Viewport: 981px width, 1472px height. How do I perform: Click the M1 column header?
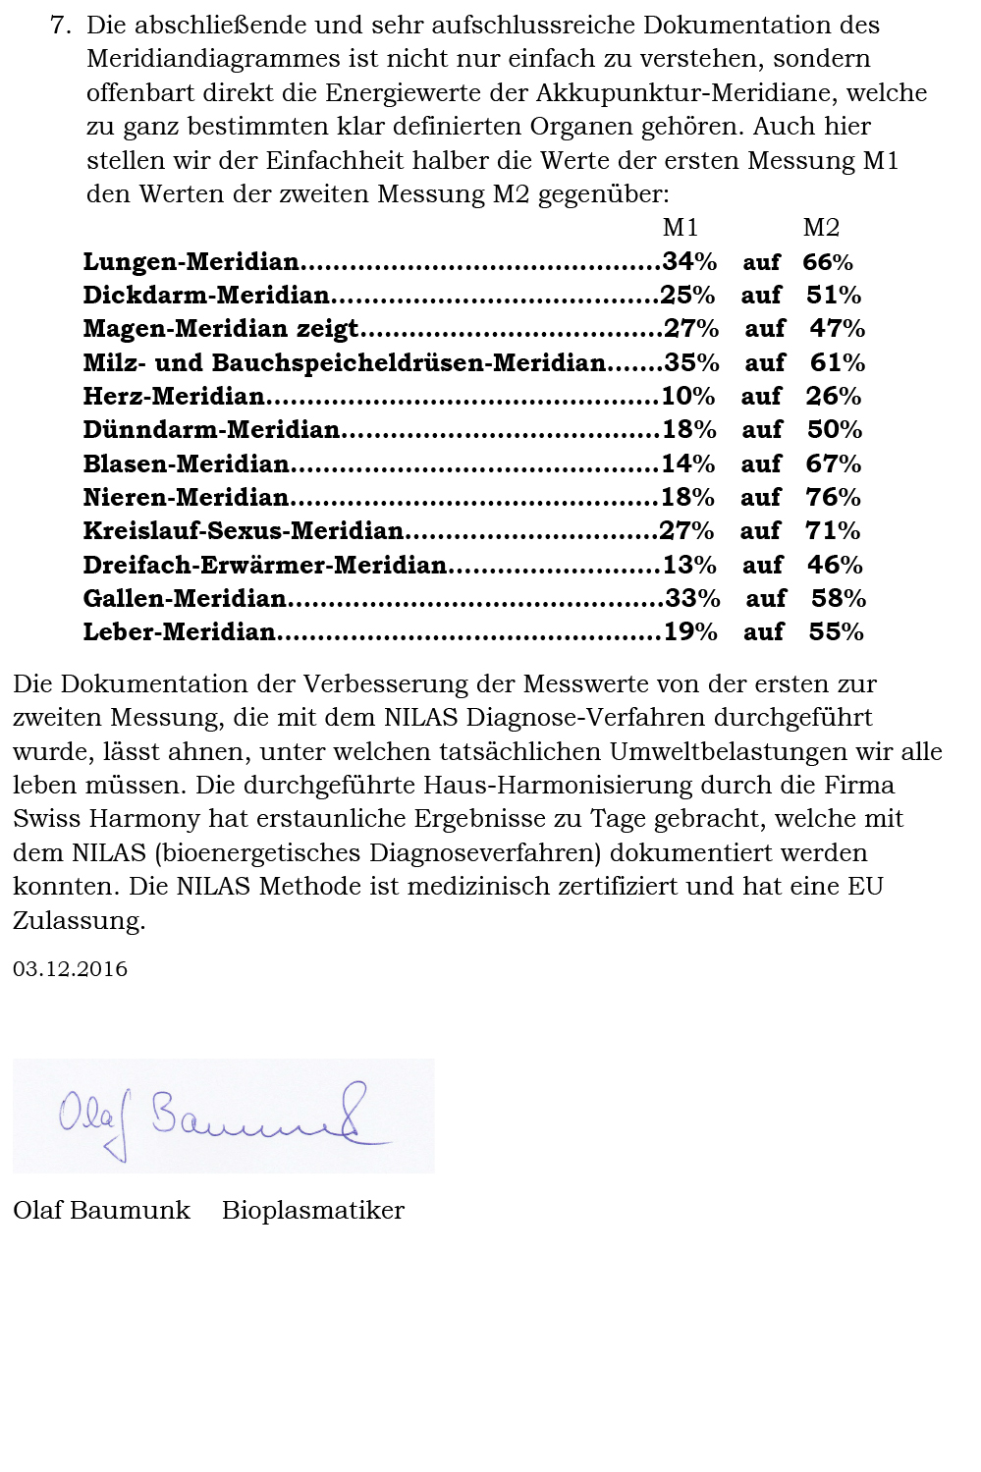click(x=680, y=228)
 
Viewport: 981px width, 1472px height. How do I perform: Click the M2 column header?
click(x=821, y=228)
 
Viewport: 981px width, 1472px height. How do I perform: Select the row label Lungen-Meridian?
click(x=191, y=262)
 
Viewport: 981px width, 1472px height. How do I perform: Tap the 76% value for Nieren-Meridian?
click(x=833, y=498)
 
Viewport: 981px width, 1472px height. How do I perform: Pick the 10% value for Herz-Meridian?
click(x=687, y=397)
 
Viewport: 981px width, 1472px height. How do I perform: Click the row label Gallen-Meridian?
click(x=185, y=599)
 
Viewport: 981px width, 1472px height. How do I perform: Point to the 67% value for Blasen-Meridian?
click(x=833, y=464)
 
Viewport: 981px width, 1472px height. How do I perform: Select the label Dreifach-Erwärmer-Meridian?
click(x=265, y=566)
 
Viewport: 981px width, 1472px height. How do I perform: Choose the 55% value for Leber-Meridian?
click(x=836, y=632)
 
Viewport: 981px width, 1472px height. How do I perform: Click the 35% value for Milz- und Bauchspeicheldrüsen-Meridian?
click(x=691, y=363)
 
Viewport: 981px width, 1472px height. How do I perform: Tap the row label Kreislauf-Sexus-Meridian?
click(x=244, y=531)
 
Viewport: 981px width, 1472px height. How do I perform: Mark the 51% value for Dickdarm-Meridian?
click(x=834, y=296)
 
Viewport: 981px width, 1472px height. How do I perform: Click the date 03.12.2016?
click(x=71, y=969)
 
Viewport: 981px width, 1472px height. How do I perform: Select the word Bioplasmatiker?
click(x=313, y=1211)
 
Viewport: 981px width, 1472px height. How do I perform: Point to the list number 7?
click(x=60, y=26)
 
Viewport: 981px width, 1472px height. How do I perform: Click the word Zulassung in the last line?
click(x=79, y=921)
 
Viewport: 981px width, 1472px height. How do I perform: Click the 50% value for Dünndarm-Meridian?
click(x=835, y=430)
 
